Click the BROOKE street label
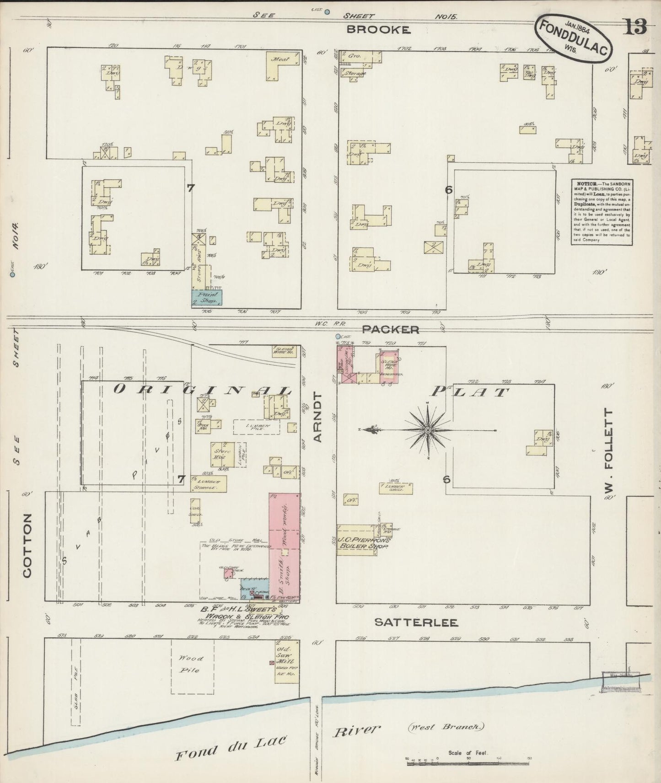pos(377,30)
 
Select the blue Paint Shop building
pos(206,297)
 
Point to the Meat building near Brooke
pos(280,65)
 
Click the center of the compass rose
pos(427,430)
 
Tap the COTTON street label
pos(27,545)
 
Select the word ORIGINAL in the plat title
pos(201,390)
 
